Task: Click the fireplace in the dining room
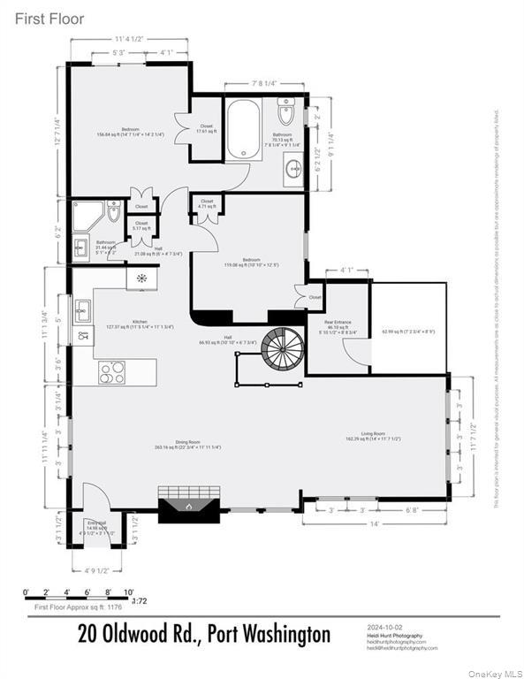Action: [187, 505]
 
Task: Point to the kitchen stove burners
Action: [112, 372]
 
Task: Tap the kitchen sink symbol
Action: [83, 310]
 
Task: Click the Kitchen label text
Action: [140, 322]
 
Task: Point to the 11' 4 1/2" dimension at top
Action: [128, 39]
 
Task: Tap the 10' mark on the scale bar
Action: [128, 591]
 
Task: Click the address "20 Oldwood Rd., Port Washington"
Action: [204, 635]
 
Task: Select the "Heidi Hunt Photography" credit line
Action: [394, 636]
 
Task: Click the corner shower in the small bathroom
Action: [86, 215]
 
